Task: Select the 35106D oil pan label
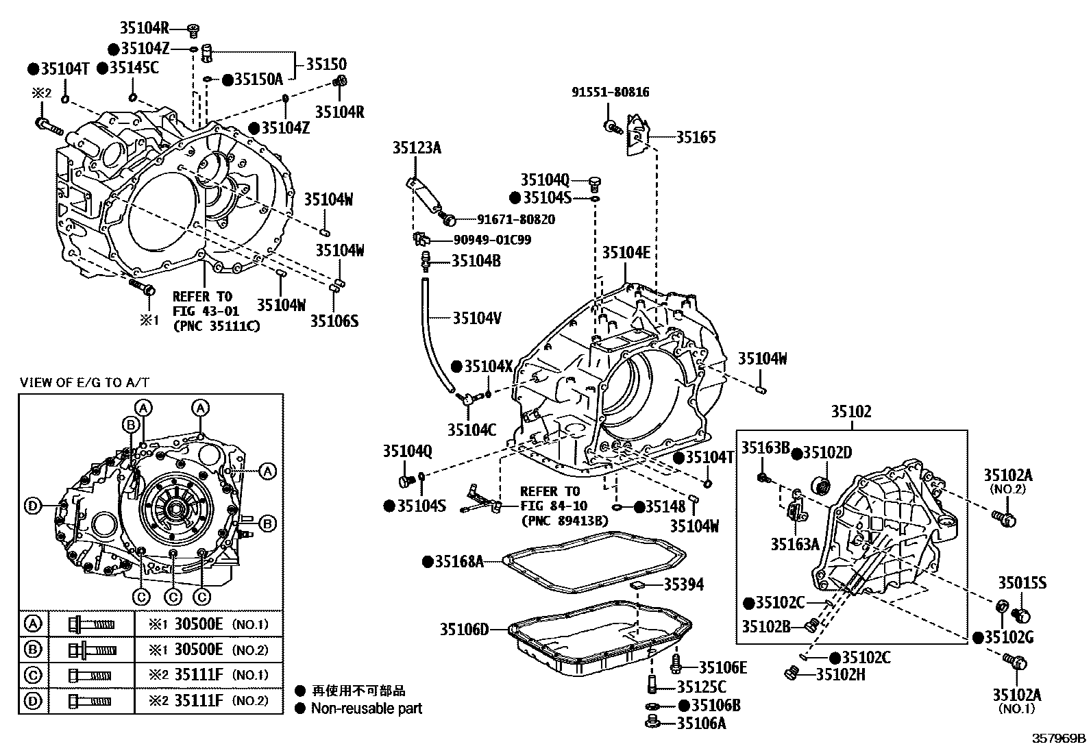click(464, 628)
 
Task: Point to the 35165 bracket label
click(696, 137)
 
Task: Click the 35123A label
click(417, 147)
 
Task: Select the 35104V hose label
click(477, 318)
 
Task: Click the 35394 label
click(683, 584)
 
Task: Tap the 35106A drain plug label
click(701, 723)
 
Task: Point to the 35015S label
click(1022, 583)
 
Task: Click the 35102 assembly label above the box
click(851, 411)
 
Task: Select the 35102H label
click(840, 674)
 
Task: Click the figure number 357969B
click(1059, 738)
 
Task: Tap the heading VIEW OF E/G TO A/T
click(84, 382)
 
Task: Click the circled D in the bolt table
click(32, 701)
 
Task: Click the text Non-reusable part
click(367, 708)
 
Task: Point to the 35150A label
click(258, 79)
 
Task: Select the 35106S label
click(334, 321)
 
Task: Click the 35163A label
click(795, 543)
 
